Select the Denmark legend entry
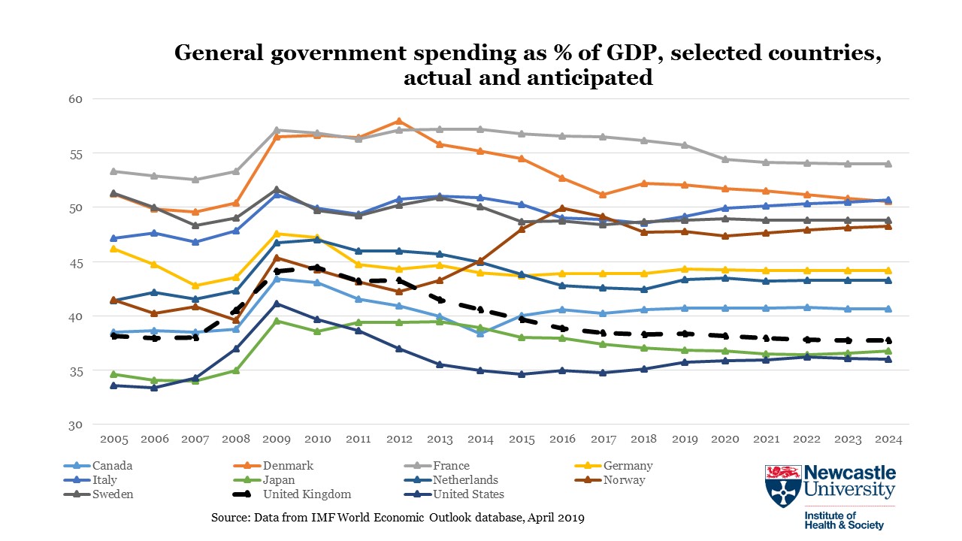click(288, 466)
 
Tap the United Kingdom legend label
click(307, 494)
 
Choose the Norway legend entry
click(624, 480)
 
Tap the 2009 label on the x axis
click(277, 439)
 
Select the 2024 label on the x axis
click(888, 439)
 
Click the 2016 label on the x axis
click(561, 439)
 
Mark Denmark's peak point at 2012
click(399, 121)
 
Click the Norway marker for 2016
click(561, 209)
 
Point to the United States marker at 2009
click(277, 304)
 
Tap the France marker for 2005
click(113, 171)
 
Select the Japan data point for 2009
click(277, 321)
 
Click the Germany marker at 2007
click(195, 286)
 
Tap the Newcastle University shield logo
click(782, 486)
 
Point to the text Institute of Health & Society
click(844, 521)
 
